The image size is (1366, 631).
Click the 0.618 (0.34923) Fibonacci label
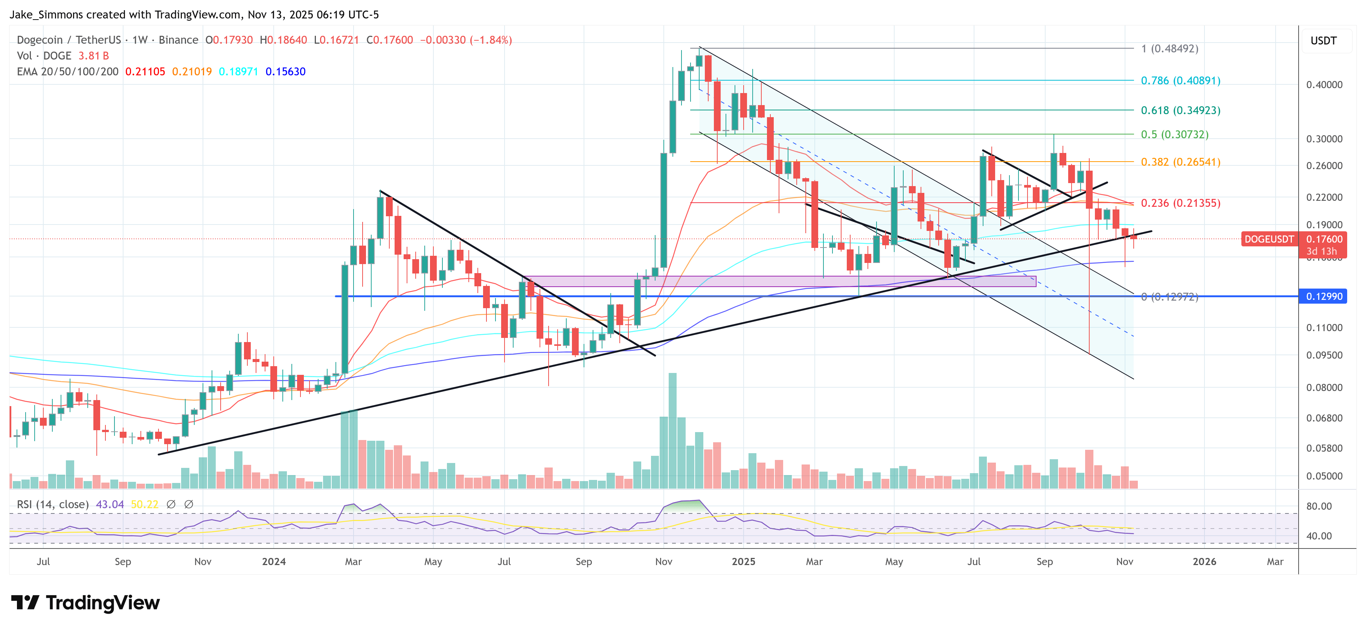point(1180,110)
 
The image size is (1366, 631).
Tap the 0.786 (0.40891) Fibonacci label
point(1180,81)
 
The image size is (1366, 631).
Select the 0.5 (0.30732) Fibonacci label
point(1175,134)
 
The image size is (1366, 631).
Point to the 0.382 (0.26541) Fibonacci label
point(1180,162)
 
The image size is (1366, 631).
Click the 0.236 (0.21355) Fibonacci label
point(1180,203)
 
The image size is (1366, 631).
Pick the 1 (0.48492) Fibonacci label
point(1170,49)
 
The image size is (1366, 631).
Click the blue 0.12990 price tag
point(1324,296)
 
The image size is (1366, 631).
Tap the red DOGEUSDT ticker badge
point(1268,239)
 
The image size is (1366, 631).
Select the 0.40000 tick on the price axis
point(1324,85)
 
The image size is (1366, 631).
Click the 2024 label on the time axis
point(274,561)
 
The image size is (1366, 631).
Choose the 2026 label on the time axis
point(1204,561)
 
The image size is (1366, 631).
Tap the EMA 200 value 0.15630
point(285,72)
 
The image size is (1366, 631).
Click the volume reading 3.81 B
point(93,56)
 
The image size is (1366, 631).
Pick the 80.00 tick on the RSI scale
point(1319,506)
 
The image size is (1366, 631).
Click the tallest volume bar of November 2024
point(672,430)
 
